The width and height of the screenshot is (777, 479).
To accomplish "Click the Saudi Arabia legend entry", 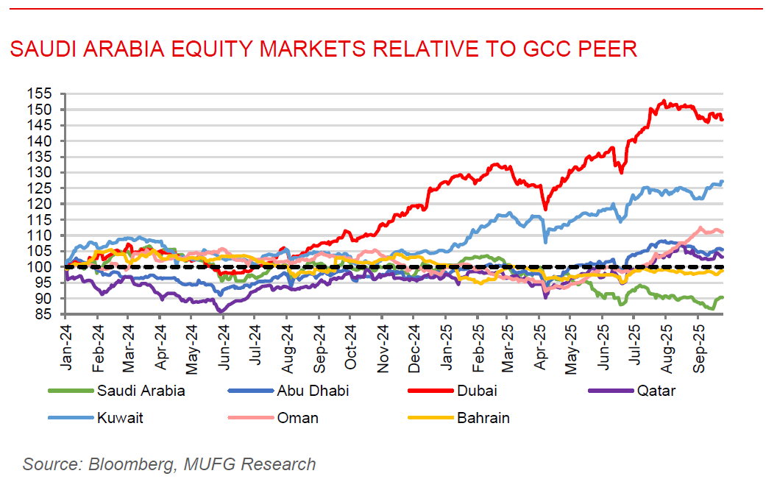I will coord(141,391).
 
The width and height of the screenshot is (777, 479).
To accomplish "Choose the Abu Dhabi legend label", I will coord(312,391).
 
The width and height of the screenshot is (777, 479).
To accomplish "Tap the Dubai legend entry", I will coord(478,391).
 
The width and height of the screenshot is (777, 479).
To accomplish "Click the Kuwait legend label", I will coord(120,418).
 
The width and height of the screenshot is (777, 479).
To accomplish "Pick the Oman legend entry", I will coord(297,418).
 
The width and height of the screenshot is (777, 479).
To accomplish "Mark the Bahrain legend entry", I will coord(483,418).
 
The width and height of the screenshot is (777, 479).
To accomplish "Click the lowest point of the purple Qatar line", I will coord(221,312).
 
